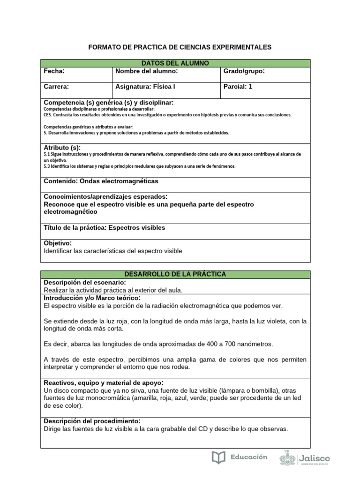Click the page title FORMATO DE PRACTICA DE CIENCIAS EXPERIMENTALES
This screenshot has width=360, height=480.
click(180, 47)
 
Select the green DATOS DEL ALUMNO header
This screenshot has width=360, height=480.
click(175, 63)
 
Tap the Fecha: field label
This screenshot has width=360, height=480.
click(54, 71)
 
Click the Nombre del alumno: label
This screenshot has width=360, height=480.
click(146, 71)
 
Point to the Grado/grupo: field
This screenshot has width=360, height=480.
click(244, 71)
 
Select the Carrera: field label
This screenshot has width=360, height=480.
click(56, 87)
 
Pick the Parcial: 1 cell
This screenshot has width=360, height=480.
click(238, 87)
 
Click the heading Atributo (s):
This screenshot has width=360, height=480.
click(62, 148)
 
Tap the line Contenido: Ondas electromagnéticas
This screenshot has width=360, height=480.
click(101, 181)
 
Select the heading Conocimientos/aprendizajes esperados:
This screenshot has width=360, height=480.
click(105, 196)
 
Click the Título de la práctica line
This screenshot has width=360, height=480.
click(104, 228)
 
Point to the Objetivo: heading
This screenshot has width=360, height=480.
click(58, 243)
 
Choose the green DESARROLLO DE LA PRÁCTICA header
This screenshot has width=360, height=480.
click(175, 274)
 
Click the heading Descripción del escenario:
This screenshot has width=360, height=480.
click(84, 283)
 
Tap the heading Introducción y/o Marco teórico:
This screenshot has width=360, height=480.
click(91, 298)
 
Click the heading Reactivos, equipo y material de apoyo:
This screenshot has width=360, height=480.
click(103, 382)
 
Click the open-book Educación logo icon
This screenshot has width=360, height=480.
click(218, 457)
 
